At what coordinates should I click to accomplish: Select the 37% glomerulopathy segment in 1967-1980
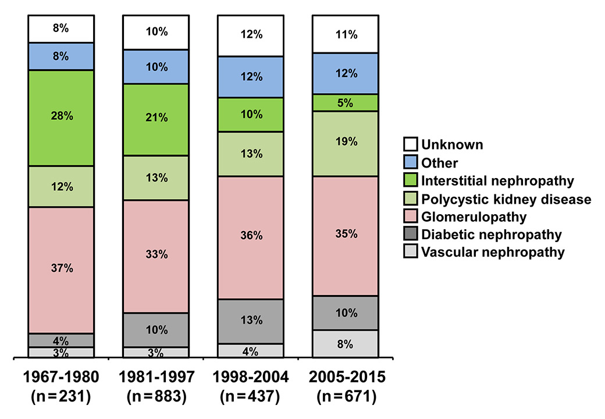tap(61, 270)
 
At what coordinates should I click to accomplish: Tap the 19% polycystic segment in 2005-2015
tap(346, 144)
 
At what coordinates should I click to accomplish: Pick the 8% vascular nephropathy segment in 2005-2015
tap(346, 343)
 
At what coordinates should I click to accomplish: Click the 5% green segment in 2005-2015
tap(346, 102)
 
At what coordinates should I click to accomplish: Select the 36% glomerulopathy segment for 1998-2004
tap(250, 237)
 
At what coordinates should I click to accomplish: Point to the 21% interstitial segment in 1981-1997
tap(155, 119)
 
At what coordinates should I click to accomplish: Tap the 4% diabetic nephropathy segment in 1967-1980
tap(61, 340)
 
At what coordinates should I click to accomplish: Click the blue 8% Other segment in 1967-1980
tap(61, 56)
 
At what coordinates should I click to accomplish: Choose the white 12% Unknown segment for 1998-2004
tap(250, 35)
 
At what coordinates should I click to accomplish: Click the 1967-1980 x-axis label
tap(61, 378)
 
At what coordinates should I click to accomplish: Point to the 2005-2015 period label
tap(346, 378)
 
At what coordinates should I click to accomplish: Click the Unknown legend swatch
tap(410, 144)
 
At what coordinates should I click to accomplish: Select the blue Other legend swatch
tap(410, 162)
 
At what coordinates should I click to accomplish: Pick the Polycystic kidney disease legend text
tap(506, 199)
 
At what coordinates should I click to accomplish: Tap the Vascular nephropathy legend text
tap(493, 253)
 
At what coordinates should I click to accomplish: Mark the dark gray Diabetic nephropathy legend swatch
tap(410, 235)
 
